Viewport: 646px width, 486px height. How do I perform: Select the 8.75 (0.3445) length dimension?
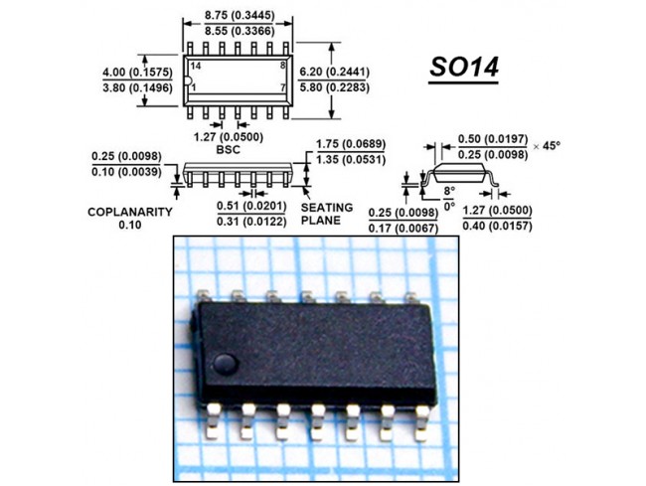tap(239, 15)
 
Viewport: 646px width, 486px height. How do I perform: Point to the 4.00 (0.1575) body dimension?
tap(136, 72)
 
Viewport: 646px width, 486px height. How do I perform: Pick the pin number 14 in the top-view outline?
tap(196, 65)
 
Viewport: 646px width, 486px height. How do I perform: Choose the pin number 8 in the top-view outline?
tap(283, 65)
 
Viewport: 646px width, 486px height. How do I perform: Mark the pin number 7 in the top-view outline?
tap(283, 87)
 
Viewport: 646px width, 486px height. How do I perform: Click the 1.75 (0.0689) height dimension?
tap(351, 144)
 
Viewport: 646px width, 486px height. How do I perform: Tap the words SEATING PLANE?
tap(326, 214)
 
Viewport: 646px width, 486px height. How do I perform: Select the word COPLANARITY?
tap(130, 212)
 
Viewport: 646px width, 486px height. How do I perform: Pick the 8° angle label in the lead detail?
tap(448, 189)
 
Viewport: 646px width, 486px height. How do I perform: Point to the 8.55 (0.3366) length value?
tap(239, 32)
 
